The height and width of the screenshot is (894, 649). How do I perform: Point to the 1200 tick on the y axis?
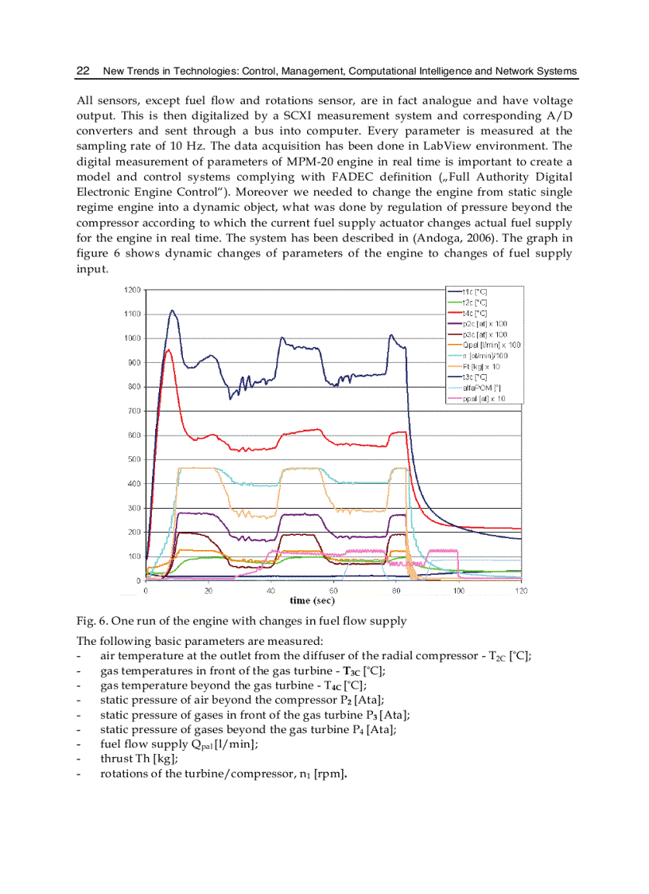coord(132,290)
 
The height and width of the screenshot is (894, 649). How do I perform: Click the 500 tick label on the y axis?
coord(134,459)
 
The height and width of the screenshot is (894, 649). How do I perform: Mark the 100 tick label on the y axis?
coord(134,556)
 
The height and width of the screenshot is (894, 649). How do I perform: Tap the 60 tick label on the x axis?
coord(334,591)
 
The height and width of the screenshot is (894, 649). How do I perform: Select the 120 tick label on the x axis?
coord(522,591)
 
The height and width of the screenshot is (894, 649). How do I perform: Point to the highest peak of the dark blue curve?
coord(172,310)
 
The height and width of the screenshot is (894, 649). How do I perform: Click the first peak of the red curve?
coord(168,349)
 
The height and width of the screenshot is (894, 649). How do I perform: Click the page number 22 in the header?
coord(82,71)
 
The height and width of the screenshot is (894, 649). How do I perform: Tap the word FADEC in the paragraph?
coord(421,176)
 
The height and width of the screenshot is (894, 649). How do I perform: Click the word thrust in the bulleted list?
coord(116,759)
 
